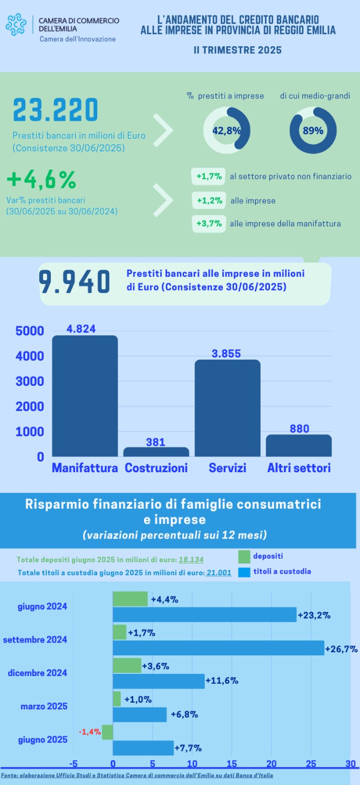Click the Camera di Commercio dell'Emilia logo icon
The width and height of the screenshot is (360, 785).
[x=16, y=25]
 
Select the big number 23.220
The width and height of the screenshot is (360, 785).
[x=55, y=111]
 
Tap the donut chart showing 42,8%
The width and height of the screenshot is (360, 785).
[x=227, y=130]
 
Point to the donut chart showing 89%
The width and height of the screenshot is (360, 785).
[x=313, y=130]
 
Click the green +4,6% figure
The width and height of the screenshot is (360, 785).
[x=42, y=180]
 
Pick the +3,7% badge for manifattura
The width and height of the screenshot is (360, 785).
[x=209, y=224]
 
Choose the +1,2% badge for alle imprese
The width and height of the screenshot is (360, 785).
[x=209, y=201]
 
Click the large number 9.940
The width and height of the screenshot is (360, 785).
[x=74, y=282]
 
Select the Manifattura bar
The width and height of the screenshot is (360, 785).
[x=85, y=396]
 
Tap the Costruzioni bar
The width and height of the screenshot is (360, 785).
[x=156, y=452]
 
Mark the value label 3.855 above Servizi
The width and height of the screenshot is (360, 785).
[x=226, y=353]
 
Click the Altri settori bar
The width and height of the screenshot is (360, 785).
[x=298, y=445]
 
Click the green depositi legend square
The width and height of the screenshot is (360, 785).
[x=244, y=556]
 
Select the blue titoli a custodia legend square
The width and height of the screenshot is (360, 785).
[x=244, y=572]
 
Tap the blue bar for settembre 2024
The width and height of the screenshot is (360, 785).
[x=218, y=648]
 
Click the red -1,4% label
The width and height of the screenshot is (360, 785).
[x=89, y=732]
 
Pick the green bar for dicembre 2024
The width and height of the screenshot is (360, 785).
[x=127, y=665]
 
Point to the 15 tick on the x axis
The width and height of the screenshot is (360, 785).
[x=232, y=763]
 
